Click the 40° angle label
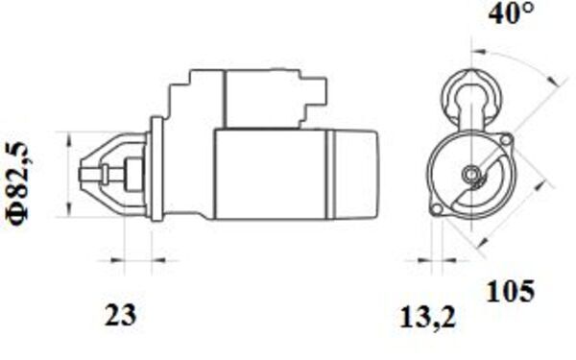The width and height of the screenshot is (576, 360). pyautogui.click(x=512, y=13)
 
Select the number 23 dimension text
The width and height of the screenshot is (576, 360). pyautogui.click(x=120, y=315)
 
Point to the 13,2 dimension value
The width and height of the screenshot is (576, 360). pyautogui.click(x=427, y=318)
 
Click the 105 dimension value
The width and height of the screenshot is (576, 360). pyautogui.click(x=511, y=291)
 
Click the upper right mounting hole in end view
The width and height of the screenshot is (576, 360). pyautogui.click(x=506, y=139)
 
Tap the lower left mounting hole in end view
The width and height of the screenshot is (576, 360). pyautogui.click(x=437, y=209)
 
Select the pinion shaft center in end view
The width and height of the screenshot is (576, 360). pyautogui.click(x=470, y=174)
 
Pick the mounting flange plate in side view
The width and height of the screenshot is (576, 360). pyautogui.click(x=157, y=169)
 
